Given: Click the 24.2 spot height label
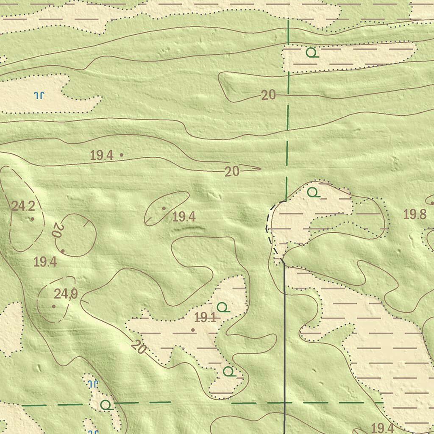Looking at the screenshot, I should tap(23, 206).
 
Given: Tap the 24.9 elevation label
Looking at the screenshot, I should tap(66, 293).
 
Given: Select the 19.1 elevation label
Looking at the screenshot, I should tap(206, 317).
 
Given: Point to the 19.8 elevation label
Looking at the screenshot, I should tap(415, 214).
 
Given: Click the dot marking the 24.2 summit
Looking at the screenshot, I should tap(33, 219).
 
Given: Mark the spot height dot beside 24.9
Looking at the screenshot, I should tap(53, 306).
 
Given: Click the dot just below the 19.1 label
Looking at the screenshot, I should tap(193, 330).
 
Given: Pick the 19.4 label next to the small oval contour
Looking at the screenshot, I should tap(184, 217).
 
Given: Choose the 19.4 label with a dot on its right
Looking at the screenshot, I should tap(101, 155).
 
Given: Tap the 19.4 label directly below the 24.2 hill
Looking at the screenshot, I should tap(45, 262).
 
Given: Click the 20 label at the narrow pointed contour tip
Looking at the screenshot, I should tap(232, 171).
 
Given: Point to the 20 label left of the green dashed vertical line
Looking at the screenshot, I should tap(268, 95).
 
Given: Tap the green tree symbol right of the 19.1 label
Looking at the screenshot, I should tap(223, 307).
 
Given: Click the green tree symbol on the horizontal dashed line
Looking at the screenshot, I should tap(106, 405).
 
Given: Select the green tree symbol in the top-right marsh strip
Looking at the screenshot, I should tap(312, 53).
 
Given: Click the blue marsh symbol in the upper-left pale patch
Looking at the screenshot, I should tap(39, 95).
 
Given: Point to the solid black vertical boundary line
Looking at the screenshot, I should tap(284, 339).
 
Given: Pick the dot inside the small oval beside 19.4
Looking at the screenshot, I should tap(164, 208).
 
